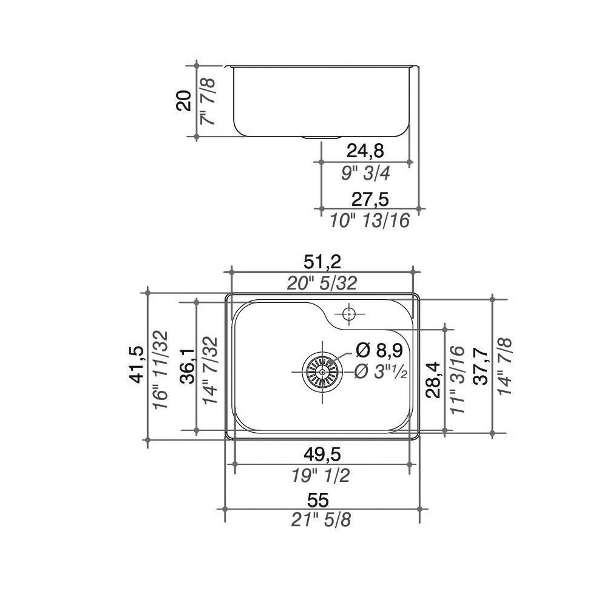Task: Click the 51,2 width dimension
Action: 322,262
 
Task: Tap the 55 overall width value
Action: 318,500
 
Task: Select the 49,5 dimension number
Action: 322,454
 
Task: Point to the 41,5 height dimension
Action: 137,364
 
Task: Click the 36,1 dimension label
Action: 188,366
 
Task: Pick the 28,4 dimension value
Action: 433,379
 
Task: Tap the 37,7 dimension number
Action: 481,366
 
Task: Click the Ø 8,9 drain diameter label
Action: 379,350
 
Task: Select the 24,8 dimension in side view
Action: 365,151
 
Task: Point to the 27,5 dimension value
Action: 370,199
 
